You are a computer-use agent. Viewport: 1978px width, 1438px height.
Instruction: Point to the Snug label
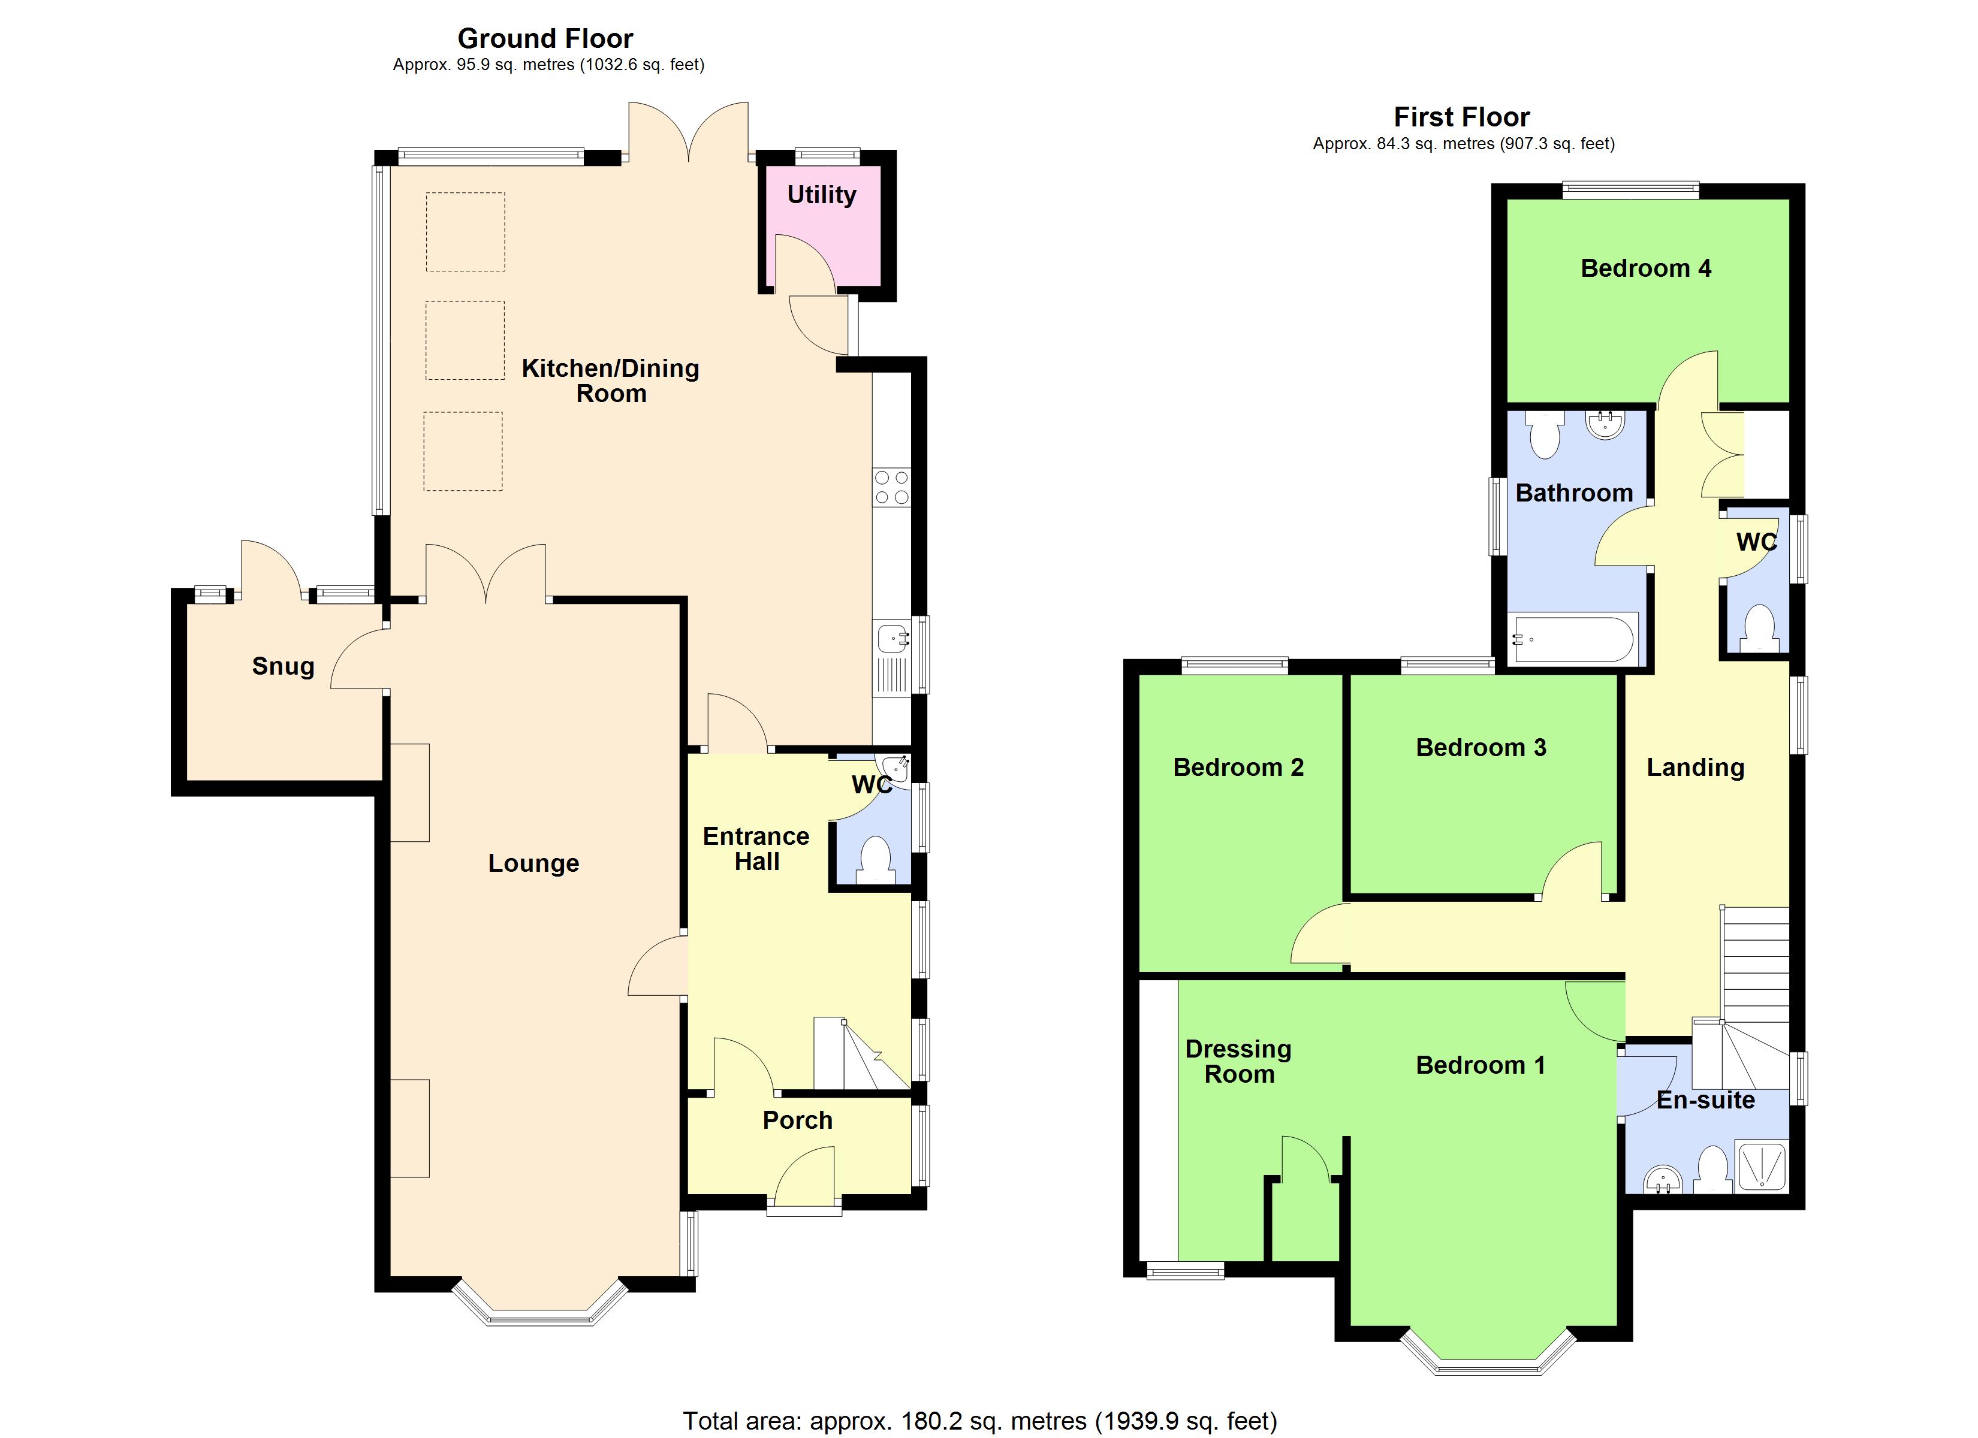(282, 666)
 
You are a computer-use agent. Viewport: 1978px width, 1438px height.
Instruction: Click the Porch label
(797, 1120)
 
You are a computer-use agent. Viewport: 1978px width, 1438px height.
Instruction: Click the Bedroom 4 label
(1645, 268)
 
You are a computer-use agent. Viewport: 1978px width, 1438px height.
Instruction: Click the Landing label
(1694, 768)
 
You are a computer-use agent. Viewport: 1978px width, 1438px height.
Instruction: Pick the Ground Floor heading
(545, 38)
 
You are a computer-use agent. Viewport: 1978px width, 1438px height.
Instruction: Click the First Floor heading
(1462, 117)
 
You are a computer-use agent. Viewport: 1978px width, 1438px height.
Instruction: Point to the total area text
(979, 1421)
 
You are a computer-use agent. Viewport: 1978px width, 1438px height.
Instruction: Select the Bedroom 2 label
(1238, 768)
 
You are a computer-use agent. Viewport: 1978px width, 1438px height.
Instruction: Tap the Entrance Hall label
(756, 848)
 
